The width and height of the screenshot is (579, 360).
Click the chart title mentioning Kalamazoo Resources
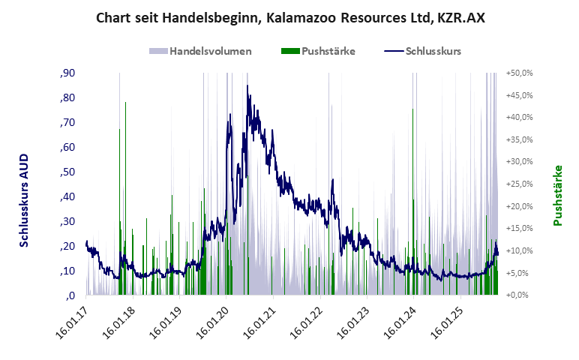290,17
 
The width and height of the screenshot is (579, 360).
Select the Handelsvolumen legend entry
201,51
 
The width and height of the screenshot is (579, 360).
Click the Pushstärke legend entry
318,51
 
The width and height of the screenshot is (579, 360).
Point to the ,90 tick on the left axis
67,73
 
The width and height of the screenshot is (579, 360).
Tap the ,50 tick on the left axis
67,172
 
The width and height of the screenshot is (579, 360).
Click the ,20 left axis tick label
67,246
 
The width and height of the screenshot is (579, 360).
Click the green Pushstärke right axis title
558,195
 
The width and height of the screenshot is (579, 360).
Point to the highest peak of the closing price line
247,85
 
